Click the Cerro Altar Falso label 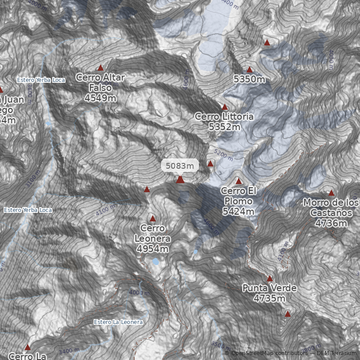[100, 88]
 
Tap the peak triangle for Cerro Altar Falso [101, 68]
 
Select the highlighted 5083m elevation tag [180, 166]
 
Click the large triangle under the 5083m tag [180, 180]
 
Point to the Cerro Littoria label [224, 121]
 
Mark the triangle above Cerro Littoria [225, 107]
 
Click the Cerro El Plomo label [238, 201]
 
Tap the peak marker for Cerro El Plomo [239, 181]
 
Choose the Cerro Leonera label [152, 238]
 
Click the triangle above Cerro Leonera [153, 219]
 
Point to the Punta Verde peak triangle [270, 279]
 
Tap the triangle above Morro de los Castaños [332, 193]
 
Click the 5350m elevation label [249, 79]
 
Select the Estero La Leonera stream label [118, 322]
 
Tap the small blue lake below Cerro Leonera [155, 261]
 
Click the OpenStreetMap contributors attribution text [268, 353]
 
